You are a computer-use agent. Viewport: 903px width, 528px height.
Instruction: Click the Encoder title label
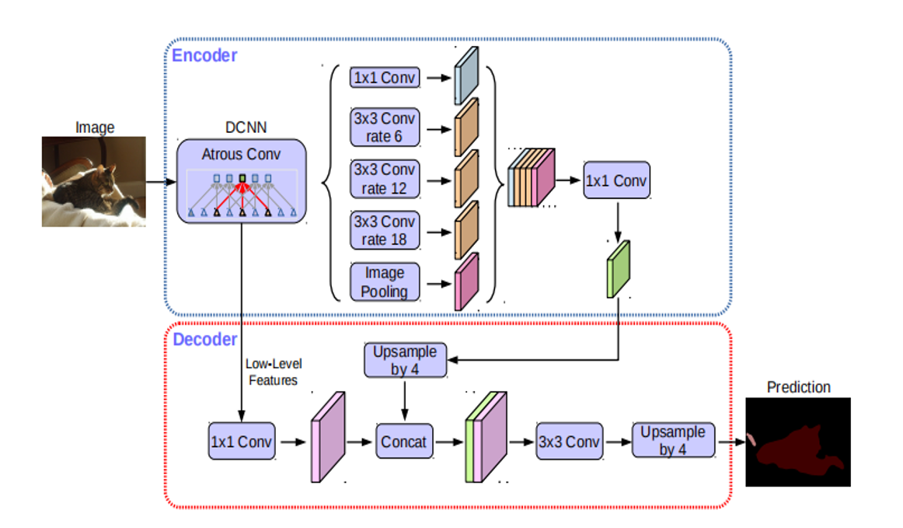(x=204, y=55)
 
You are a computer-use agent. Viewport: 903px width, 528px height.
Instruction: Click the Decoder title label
(x=204, y=339)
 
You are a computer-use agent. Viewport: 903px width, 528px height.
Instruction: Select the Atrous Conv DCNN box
(x=242, y=182)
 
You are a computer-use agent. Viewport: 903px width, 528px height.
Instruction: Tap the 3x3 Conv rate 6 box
(x=385, y=128)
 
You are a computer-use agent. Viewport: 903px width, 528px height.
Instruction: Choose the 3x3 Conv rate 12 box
(x=385, y=180)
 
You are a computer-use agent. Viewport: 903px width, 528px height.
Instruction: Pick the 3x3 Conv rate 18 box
(x=385, y=230)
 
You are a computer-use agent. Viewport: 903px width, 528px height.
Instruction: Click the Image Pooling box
(x=385, y=282)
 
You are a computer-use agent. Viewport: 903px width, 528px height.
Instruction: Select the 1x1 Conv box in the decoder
(x=242, y=442)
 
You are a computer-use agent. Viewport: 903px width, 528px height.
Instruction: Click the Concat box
(x=403, y=442)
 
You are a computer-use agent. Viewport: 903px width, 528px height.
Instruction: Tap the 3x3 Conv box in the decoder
(x=570, y=442)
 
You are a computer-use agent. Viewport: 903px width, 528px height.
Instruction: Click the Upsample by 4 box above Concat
(x=405, y=360)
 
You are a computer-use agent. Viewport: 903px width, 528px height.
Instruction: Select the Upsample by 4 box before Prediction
(x=672, y=440)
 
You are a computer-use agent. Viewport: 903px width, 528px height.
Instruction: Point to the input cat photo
(x=93, y=182)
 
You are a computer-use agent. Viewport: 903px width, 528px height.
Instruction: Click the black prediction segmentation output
(x=798, y=442)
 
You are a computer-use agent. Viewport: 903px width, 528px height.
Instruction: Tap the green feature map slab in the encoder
(x=619, y=269)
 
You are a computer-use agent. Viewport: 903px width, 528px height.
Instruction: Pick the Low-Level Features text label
(x=273, y=372)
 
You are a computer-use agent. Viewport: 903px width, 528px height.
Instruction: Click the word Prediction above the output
(x=798, y=386)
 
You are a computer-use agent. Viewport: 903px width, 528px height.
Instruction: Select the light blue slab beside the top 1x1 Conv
(x=466, y=75)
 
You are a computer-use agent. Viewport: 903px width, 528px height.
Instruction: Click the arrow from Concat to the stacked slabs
(x=446, y=442)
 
